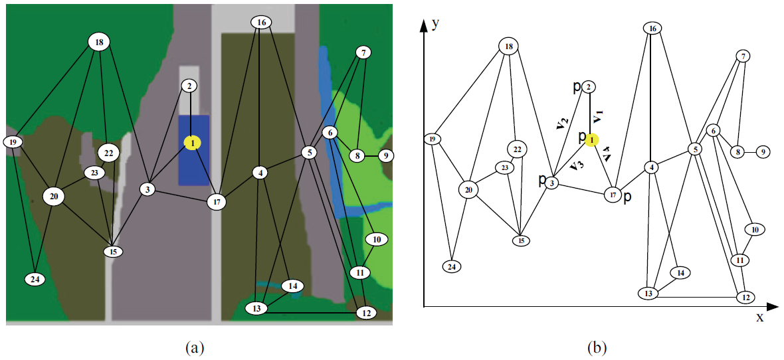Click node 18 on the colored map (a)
pos(99,43)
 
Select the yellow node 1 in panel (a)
pos(191,142)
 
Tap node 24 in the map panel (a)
pos(35,279)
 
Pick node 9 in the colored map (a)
pos(385,156)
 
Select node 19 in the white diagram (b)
pos(433,139)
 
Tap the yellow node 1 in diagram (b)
pos(592,139)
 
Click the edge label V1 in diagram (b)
pos(599,117)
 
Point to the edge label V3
pos(575,165)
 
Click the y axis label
pos(436,24)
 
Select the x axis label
pos(759,317)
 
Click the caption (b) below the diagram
pos(596,347)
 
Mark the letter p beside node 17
pos(628,197)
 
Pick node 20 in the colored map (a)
pos(54,196)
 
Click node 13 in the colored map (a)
pos(256,308)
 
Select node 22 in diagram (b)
pos(516,147)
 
